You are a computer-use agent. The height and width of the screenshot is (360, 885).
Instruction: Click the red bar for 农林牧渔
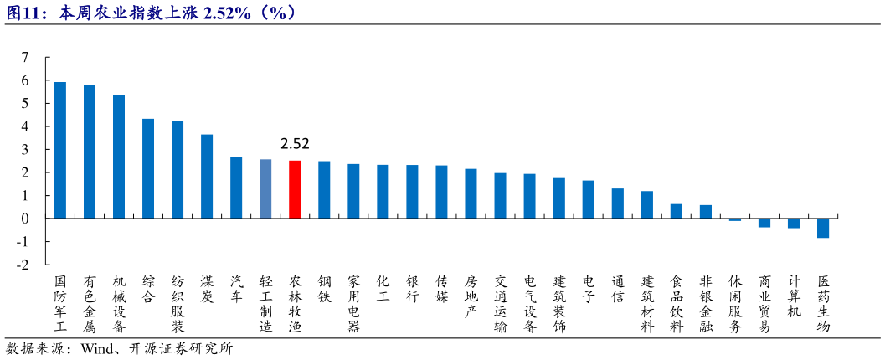coord(295,189)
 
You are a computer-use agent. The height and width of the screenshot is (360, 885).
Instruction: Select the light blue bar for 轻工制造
coord(265,189)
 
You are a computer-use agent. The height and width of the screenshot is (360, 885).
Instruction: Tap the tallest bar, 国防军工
coord(60,151)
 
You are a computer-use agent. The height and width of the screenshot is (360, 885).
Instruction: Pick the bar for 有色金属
coord(90,152)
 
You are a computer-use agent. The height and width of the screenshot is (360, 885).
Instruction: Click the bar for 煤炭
coord(207,177)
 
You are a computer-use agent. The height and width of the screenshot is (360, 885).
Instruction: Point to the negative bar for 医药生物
coord(823,228)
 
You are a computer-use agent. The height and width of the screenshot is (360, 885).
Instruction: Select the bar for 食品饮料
coord(677,211)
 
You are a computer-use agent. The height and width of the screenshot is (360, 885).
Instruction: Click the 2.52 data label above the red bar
coord(295,144)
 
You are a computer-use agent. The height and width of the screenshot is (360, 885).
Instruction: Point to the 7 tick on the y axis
coord(25,58)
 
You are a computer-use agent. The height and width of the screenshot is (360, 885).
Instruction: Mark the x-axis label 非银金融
coord(706,303)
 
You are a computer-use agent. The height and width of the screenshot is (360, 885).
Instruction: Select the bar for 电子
coord(589,199)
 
